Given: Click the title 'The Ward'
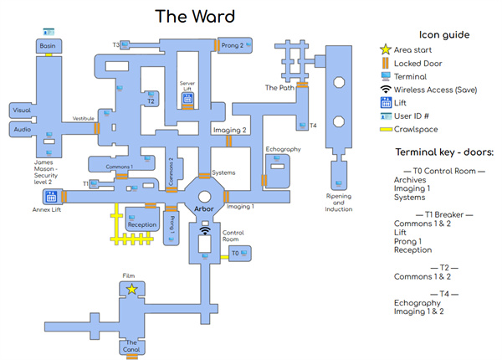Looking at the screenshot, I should [x=195, y=16].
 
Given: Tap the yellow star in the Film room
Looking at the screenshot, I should [x=131, y=289].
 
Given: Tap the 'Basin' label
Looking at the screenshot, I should [x=48, y=45].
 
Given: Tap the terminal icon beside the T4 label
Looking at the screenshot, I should [x=300, y=125].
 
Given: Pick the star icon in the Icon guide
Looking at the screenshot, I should [x=385, y=50].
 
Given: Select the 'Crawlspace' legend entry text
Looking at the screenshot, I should [x=420, y=129].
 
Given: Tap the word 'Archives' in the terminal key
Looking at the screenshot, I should [x=412, y=178].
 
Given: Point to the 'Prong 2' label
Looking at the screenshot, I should [x=232, y=45].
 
